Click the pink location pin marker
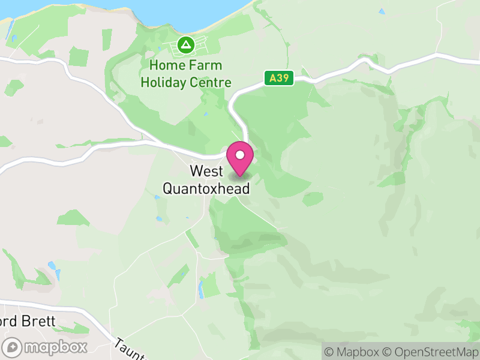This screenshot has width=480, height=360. tap(240, 159)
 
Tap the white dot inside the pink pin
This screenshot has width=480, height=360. tap(240, 155)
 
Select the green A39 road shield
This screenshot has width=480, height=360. tap(278, 78)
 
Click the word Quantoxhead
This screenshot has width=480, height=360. tap(206, 188)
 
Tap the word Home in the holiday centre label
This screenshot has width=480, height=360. tap(164, 65)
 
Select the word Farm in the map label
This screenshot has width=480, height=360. tap(205, 65)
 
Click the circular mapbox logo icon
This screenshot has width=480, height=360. tap(13, 347)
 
